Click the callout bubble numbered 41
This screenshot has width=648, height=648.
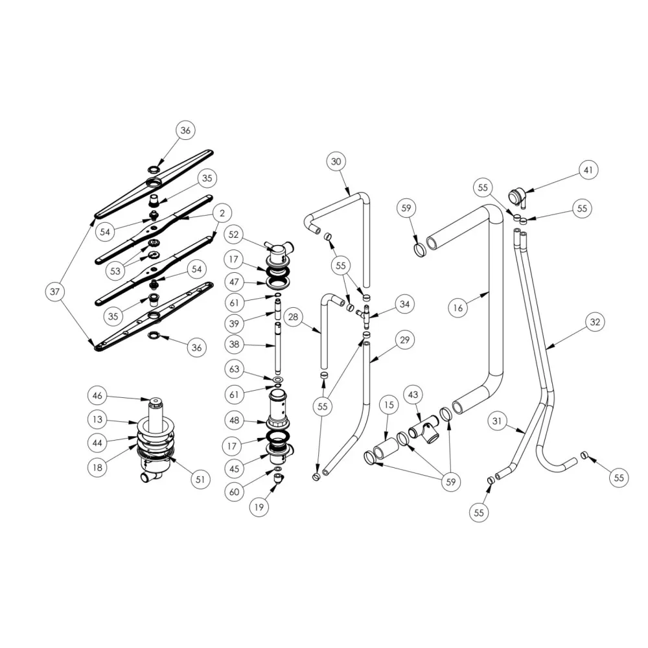(x=588, y=170)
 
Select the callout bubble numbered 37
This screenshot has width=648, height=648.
(x=55, y=292)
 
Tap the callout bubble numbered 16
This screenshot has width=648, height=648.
(x=458, y=308)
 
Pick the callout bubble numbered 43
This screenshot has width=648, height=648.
(x=413, y=395)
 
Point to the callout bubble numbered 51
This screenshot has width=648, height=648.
(x=200, y=480)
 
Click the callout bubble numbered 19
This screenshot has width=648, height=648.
(x=259, y=507)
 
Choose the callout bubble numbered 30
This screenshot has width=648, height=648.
(x=336, y=161)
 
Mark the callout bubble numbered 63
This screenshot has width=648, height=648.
(x=235, y=369)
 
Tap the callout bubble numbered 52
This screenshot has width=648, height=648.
(x=234, y=235)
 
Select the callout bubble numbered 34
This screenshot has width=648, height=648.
(x=404, y=305)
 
